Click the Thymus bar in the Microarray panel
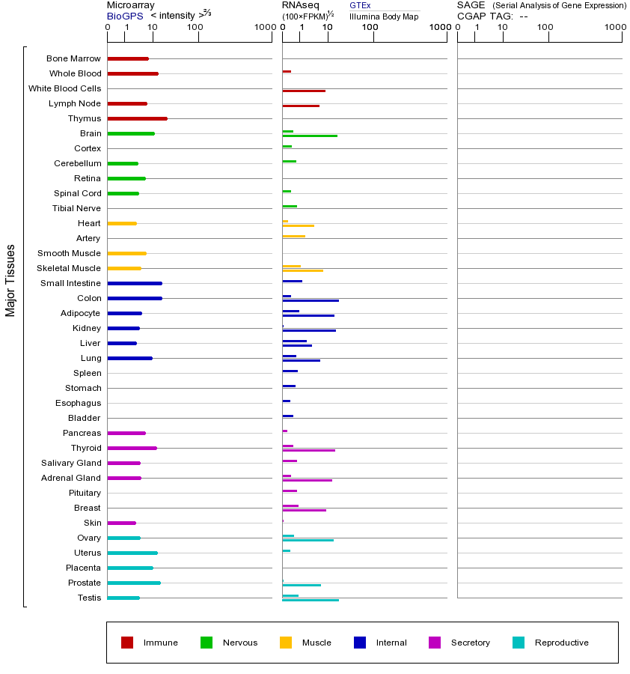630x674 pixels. pos(137,118)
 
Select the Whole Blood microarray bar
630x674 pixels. pos(132,73)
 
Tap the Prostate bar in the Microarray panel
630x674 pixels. pos(134,583)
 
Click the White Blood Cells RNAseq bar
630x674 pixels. pos(304,91)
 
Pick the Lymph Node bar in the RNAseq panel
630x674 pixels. pos(301,106)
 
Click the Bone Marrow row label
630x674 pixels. pos(73,58)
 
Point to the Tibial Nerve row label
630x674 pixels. pos(76,208)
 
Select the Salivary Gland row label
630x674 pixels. pos(71,463)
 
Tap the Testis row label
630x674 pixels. pos(89,598)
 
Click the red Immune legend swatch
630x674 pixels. pos(127,643)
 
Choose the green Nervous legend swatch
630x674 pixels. pos(207,643)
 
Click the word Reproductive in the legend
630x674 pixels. pos(561,643)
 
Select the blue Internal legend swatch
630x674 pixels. pos(360,643)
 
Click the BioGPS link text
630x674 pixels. pos(125,16)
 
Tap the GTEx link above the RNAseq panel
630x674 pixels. pos(360,5)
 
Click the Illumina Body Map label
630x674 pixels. pos(384,16)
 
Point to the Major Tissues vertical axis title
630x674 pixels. pos(10,280)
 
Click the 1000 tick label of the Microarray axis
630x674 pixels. pos(263,28)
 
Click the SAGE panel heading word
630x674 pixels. pos(471,5)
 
